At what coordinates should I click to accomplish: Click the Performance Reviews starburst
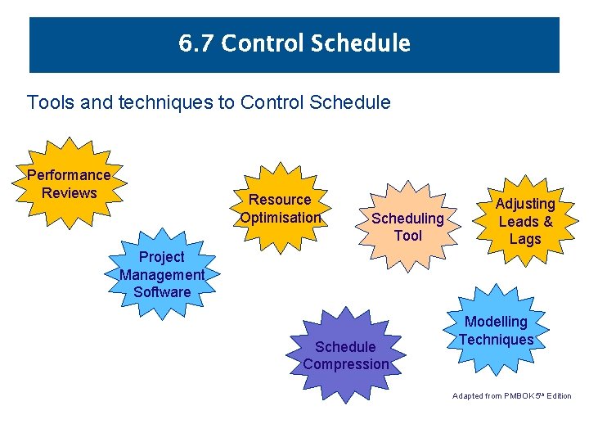(x=70, y=184)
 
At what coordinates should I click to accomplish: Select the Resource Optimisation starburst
(x=280, y=209)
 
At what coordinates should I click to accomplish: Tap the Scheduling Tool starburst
(x=407, y=227)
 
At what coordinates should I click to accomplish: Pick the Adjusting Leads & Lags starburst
(x=525, y=221)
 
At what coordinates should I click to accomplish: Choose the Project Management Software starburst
(x=162, y=274)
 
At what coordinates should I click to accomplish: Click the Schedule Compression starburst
(x=346, y=354)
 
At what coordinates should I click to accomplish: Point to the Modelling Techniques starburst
(x=496, y=330)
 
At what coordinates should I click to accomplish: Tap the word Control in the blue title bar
(x=262, y=43)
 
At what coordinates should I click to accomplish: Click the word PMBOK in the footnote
(x=517, y=396)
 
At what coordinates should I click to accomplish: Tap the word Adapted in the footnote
(x=468, y=396)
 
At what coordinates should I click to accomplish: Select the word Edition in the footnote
(x=560, y=396)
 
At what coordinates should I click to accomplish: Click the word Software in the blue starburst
(x=162, y=292)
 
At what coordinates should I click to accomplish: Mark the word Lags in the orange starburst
(x=525, y=239)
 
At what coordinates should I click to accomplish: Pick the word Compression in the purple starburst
(x=346, y=364)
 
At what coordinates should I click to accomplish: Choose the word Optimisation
(x=280, y=218)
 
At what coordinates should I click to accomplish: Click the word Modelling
(x=496, y=322)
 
